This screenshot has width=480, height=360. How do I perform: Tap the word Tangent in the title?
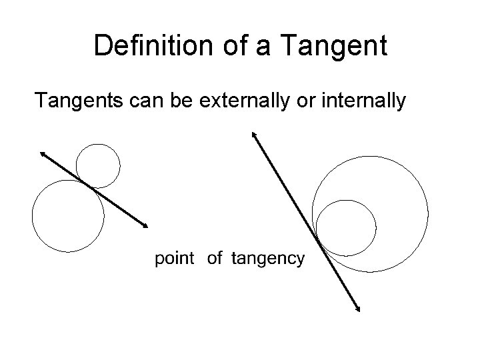[334, 45]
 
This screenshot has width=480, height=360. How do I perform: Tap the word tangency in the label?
[267, 259]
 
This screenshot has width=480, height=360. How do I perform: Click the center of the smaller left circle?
[99, 165]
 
